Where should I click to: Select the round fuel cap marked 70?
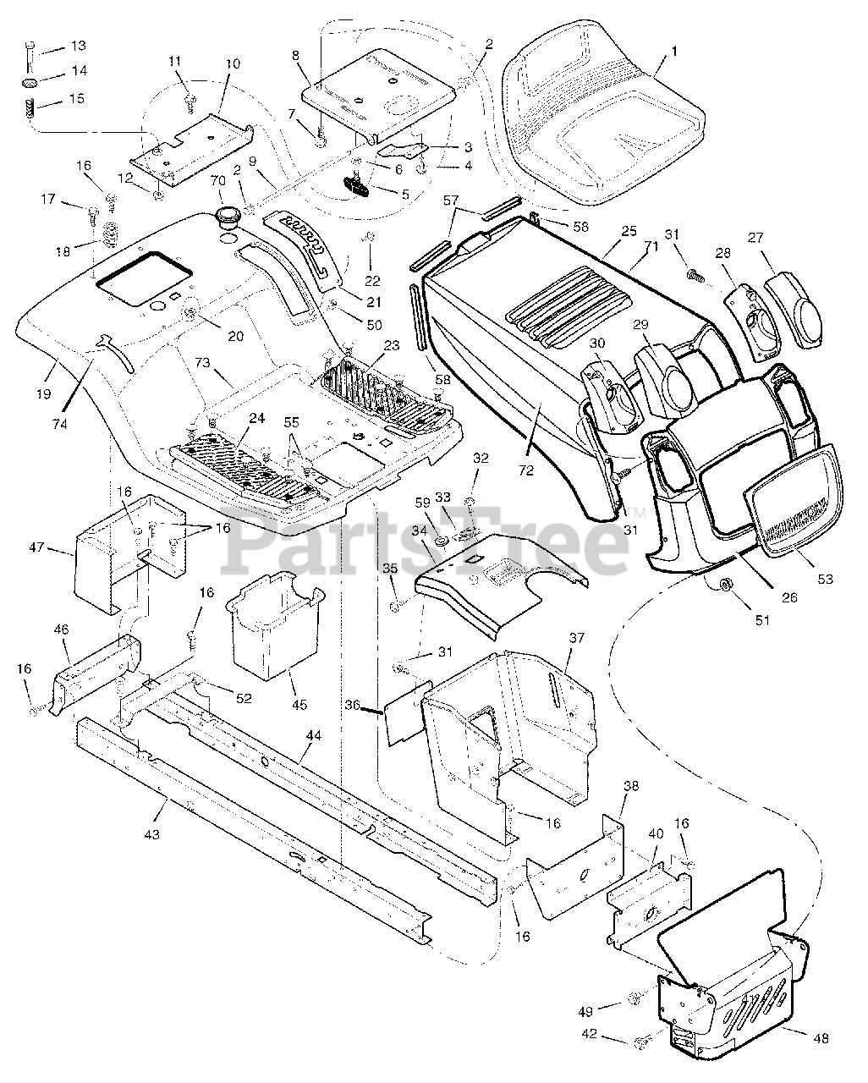pos(228,215)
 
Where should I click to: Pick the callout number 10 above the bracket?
pos(233,63)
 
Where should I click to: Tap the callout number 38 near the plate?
pos(631,785)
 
